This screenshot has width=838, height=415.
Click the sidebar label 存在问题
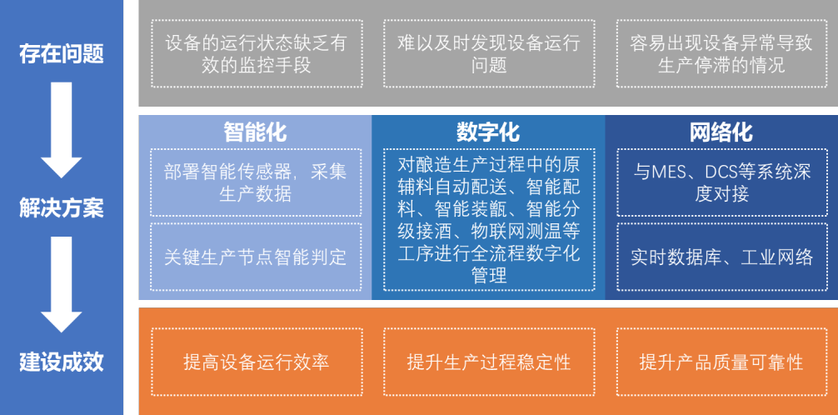(x=62, y=54)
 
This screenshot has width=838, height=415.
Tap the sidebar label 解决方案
(x=62, y=208)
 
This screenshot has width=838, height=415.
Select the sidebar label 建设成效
(x=62, y=362)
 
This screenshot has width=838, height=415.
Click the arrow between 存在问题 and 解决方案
(x=62, y=130)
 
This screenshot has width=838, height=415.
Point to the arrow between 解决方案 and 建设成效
(x=62, y=284)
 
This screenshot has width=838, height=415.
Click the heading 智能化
(x=255, y=132)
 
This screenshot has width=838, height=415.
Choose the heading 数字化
(x=488, y=132)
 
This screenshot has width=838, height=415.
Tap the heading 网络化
(x=721, y=132)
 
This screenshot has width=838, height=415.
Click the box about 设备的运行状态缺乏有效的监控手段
(x=257, y=54)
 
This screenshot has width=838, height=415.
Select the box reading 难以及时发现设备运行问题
(x=489, y=54)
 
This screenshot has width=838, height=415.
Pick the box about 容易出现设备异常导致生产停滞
(x=722, y=54)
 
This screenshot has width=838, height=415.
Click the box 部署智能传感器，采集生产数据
(x=257, y=182)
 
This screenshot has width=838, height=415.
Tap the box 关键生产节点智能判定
(x=257, y=257)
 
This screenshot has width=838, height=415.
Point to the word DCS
(x=723, y=172)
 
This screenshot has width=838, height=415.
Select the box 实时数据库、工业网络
(x=722, y=257)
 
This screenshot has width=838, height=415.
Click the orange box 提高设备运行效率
(x=257, y=362)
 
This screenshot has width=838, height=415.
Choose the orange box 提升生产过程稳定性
(x=489, y=362)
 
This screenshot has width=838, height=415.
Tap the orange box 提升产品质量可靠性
(x=722, y=362)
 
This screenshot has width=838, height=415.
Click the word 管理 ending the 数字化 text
(x=489, y=276)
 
